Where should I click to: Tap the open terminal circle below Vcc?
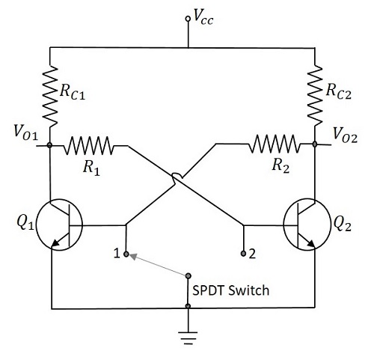click(188, 19)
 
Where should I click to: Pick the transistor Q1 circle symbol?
click(59, 224)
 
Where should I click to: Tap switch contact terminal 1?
click(126, 253)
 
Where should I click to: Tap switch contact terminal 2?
click(244, 254)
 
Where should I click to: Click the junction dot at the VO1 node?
click(49, 144)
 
